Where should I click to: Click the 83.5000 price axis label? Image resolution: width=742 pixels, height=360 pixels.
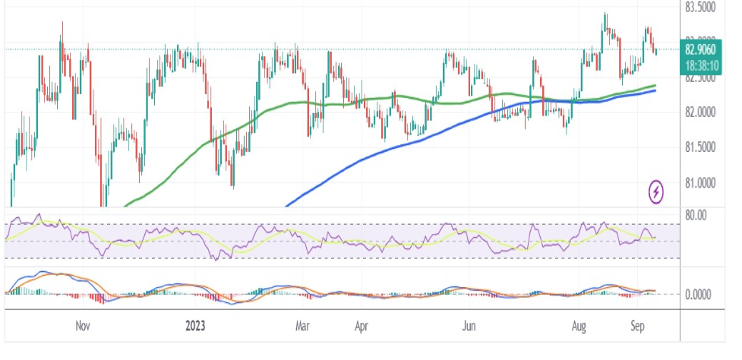[699, 8]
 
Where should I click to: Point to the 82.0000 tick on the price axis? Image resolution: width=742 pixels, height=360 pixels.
[699, 112]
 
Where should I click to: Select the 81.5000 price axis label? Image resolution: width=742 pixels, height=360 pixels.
[699, 147]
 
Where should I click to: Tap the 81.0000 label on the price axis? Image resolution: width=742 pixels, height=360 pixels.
[699, 183]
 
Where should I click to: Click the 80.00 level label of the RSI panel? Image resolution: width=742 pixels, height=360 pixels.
[696, 215]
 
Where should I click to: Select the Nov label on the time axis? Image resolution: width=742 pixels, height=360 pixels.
[84, 327]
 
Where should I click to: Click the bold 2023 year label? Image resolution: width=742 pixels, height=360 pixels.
[195, 327]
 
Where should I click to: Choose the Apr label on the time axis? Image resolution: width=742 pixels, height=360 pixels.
[362, 327]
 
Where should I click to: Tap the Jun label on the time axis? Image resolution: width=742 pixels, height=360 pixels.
[469, 327]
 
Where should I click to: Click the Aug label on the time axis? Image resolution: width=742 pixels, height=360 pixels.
[579, 327]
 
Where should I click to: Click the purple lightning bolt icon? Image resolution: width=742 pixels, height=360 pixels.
[657, 191]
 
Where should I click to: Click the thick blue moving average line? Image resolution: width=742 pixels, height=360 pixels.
[380, 149]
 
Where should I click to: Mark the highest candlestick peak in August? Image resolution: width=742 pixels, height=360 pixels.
[605, 14]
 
